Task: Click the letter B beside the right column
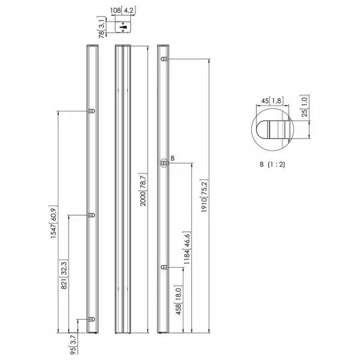coord(172,158)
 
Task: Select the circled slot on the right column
coord(163,163)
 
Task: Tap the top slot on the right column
coord(164,59)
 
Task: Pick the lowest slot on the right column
coord(164,266)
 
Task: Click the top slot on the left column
coord(91,111)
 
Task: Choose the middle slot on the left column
coord(91,214)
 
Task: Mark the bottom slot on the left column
coord(91,319)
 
